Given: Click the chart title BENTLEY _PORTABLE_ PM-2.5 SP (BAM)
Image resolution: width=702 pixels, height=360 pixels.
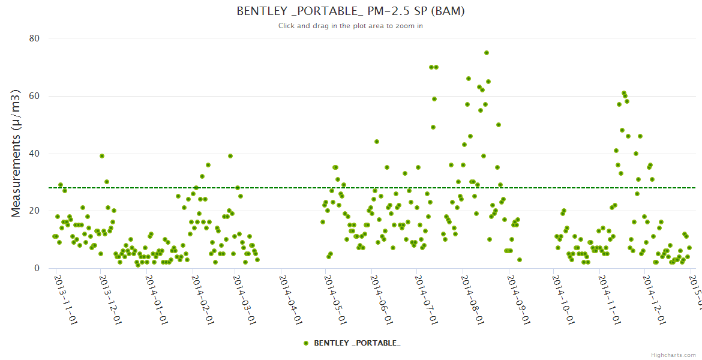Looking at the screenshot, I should (x=350, y=11).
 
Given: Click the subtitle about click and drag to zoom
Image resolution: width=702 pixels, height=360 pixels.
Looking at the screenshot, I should (x=350, y=26).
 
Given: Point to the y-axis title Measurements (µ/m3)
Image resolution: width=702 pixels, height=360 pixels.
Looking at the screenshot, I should (x=17, y=153).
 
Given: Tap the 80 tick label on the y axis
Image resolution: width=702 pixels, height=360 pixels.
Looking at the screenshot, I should (x=34, y=38).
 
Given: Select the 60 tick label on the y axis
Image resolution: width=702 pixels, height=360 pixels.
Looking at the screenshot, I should (x=34, y=96).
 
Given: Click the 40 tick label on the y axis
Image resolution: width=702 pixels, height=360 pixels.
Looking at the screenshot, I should (x=34, y=154).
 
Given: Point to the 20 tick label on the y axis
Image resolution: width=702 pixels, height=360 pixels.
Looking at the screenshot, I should (x=34, y=211).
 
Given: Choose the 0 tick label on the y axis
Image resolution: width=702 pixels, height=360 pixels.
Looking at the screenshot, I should (x=37, y=268).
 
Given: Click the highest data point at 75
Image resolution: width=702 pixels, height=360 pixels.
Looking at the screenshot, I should (x=487, y=53).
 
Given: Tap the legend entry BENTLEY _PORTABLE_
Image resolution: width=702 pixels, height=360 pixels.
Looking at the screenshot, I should (x=357, y=343).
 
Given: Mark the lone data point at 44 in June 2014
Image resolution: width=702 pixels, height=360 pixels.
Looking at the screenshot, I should (x=377, y=142).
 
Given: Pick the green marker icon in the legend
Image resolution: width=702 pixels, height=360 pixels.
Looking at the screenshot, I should (x=307, y=343).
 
